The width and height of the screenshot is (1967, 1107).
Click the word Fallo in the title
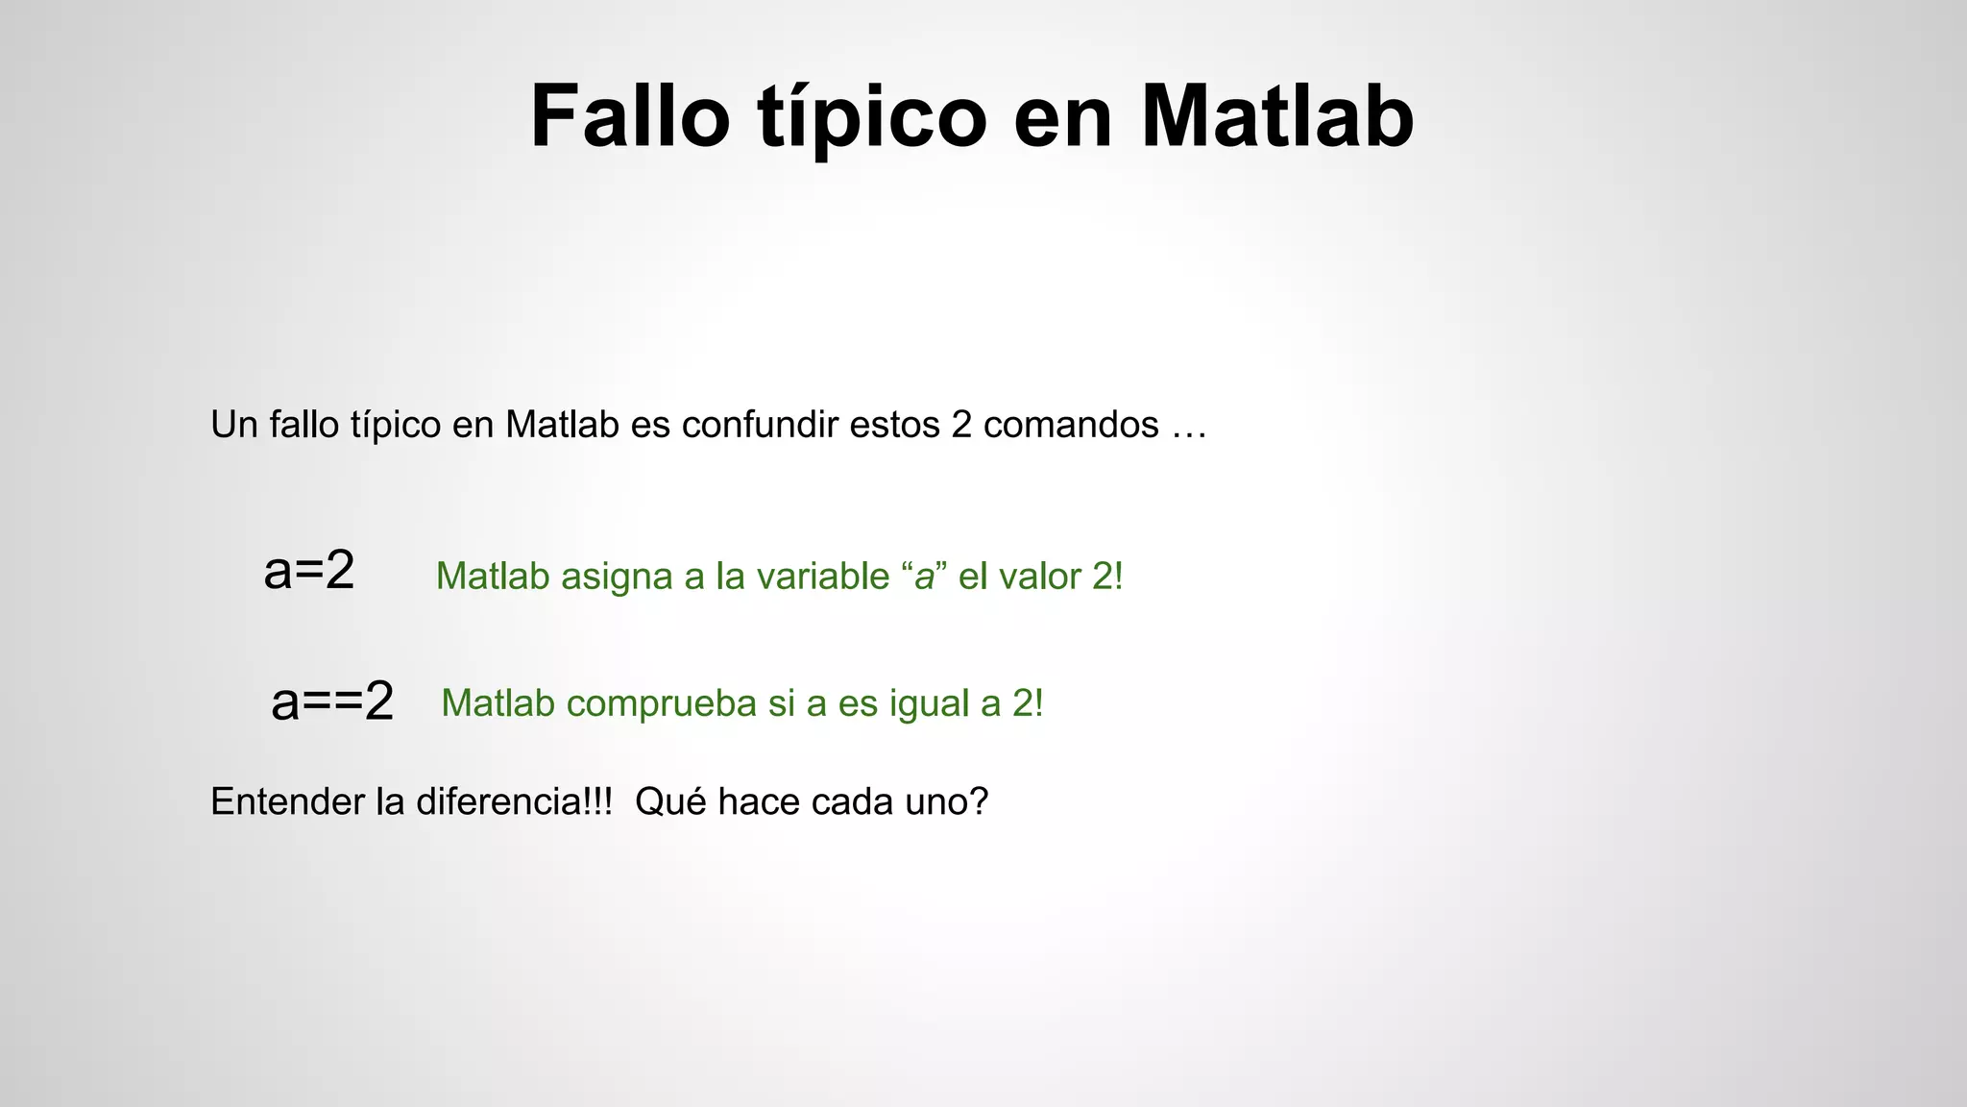point(630,116)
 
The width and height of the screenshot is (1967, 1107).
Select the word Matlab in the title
point(1277,116)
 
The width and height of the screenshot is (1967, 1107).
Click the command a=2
point(309,571)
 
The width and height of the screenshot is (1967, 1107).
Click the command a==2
point(332,701)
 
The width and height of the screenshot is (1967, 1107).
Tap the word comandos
point(1071,425)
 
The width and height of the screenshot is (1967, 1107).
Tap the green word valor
point(1040,577)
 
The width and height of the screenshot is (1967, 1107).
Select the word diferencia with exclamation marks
point(513,801)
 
